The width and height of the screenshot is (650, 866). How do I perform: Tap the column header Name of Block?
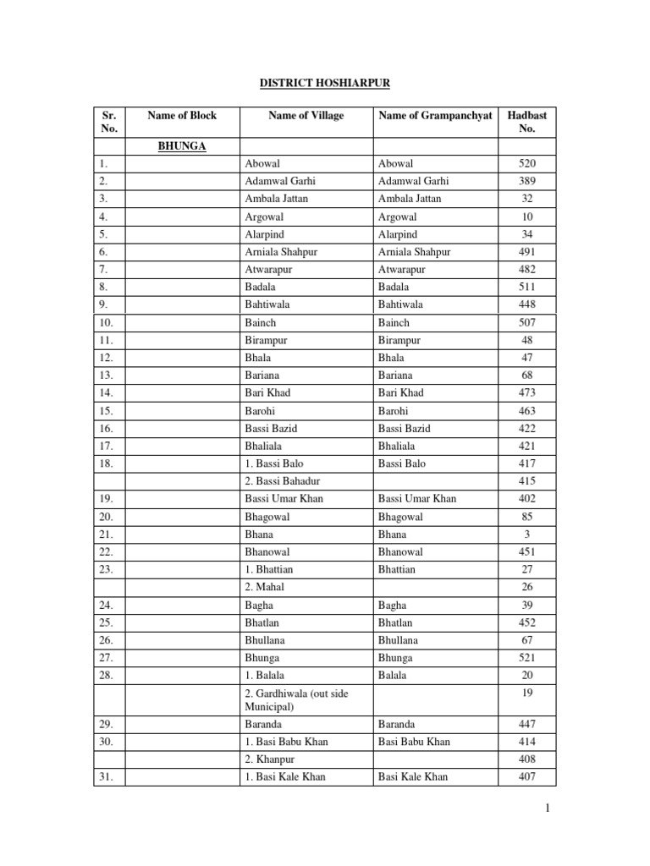tap(182, 115)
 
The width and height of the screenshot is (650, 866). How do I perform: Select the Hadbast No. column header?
tap(527, 122)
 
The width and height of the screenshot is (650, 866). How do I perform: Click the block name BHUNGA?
tap(182, 145)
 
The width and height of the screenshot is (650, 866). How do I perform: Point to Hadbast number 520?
tap(527, 163)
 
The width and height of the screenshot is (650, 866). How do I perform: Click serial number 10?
tap(105, 322)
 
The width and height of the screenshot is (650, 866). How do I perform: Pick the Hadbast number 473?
tap(527, 392)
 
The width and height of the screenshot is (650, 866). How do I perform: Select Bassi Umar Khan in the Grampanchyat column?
tap(417, 498)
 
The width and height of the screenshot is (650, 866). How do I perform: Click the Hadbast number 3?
tap(527, 534)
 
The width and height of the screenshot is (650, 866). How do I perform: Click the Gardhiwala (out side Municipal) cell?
tap(294, 699)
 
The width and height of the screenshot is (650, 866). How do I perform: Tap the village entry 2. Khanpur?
tap(269, 759)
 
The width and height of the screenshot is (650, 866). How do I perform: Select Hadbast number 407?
tap(527, 776)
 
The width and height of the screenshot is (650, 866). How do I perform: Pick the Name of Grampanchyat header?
tap(435, 115)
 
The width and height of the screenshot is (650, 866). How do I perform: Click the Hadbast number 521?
tap(527, 657)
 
